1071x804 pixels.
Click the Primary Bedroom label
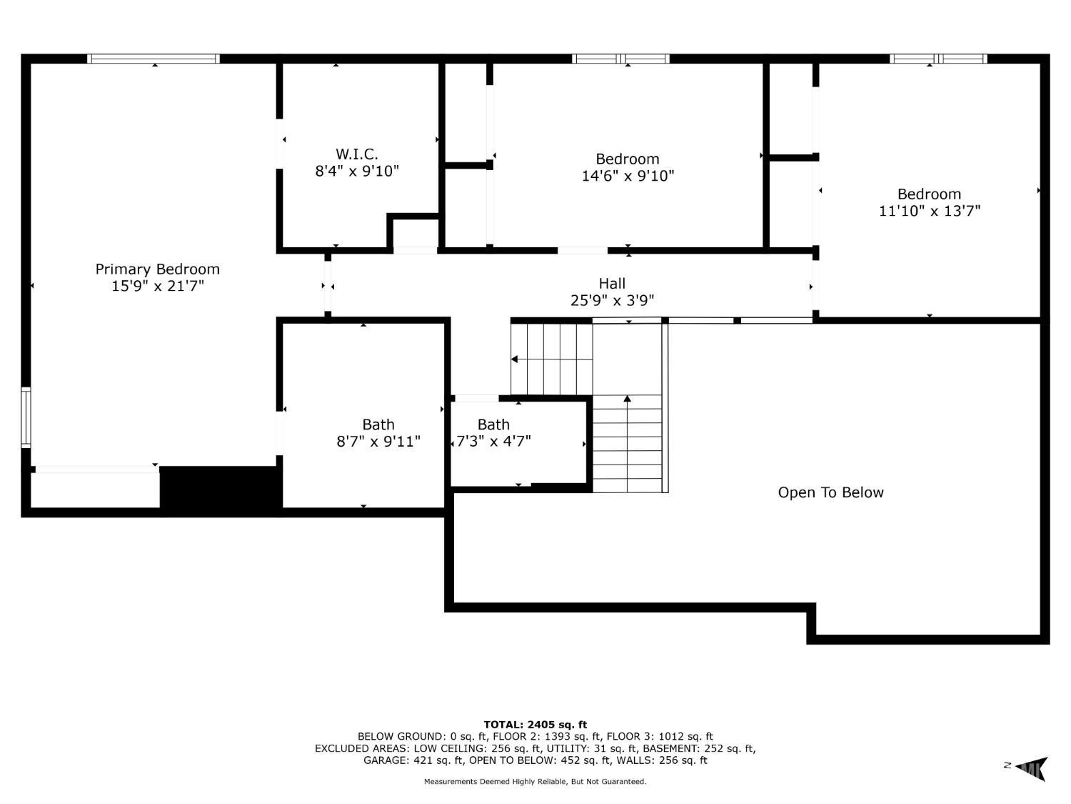(157, 269)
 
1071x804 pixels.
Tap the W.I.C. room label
(357, 154)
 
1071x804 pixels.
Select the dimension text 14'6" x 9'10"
(628, 176)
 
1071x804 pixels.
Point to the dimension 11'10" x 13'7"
(929, 211)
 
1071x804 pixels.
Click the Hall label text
(612, 284)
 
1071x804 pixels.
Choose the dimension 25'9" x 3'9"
(612, 300)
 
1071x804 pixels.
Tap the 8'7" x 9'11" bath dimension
(378, 441)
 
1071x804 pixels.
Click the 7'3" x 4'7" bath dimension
(493, 441)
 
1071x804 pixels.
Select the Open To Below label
(830, 492)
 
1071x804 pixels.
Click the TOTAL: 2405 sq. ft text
(535, 725)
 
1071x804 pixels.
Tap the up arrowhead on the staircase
(628, 399)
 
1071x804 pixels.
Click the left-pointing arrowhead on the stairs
(514, 359)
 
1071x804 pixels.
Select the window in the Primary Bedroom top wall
(154, 59)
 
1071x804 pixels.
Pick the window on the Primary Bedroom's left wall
(26, 417)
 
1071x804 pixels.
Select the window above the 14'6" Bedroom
(620, 59)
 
